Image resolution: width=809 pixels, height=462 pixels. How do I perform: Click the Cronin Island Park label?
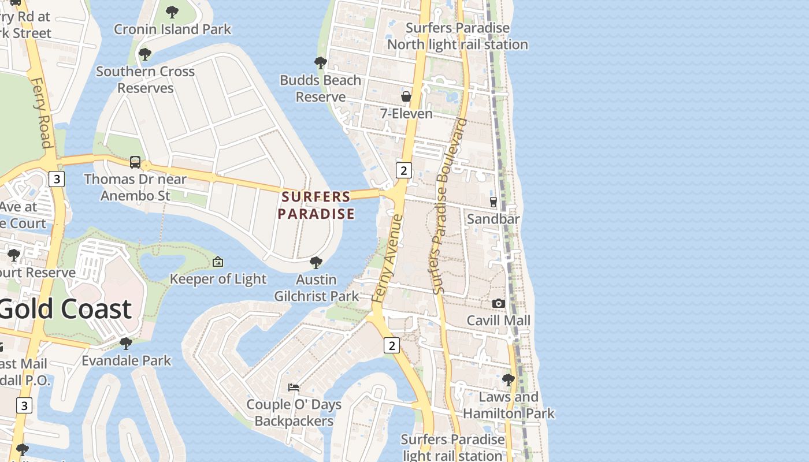click(x=172, y=29)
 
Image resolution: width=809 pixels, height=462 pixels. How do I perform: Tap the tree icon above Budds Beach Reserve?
click(x=320, y=62)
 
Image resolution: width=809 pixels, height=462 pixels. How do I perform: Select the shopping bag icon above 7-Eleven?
click(x=406, y=96)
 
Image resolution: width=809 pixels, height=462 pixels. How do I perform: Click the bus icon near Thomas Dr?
click(x=135, y=162)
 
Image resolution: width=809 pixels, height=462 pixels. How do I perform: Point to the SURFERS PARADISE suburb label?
click(x=316, y=205)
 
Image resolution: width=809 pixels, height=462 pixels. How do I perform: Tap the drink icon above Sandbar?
click(x=493, y=202)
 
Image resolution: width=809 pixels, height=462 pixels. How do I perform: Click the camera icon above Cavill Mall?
click(x=498, y=303)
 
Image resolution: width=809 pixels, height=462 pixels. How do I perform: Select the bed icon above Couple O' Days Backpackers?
click(x=294, y=387)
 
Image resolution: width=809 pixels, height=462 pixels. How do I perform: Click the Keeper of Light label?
click(x=218, y=279)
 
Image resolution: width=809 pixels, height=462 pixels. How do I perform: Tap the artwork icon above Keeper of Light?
click(x=218, y=262)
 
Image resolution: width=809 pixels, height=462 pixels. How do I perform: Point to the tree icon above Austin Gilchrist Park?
click(x=316, y=263)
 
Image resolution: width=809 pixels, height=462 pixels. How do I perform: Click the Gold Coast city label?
click(x=65, y=309)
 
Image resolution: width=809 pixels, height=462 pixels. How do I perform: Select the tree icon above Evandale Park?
click(x=126, y=344)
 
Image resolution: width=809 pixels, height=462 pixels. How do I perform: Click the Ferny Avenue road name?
click(x=388, y=258)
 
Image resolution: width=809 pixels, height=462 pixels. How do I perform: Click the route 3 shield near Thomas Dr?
click(x=56, y=179)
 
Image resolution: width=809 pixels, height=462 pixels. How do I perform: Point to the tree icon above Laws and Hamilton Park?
click(x=509, y=379)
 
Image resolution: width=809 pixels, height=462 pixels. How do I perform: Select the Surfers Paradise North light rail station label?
click(x=457, y=36)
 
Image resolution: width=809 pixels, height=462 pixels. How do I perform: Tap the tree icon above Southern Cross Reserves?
click(x=145, y=54)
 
